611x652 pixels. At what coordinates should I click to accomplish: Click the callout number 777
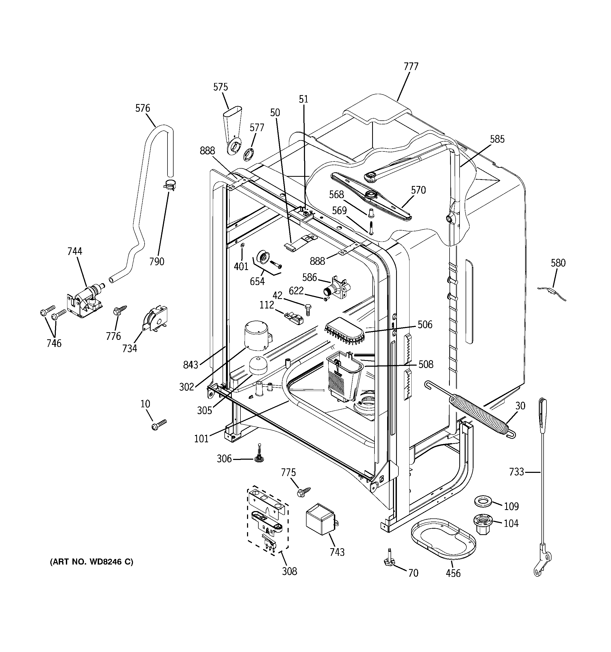(411, 67)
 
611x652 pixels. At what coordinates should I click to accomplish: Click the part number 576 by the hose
(143, 108)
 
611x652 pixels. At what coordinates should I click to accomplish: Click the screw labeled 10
(159, 425)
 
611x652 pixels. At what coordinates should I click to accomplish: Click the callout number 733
(516, 472)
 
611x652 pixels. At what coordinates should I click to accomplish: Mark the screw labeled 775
(303, 492)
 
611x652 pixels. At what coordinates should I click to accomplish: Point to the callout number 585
(497, 139)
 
